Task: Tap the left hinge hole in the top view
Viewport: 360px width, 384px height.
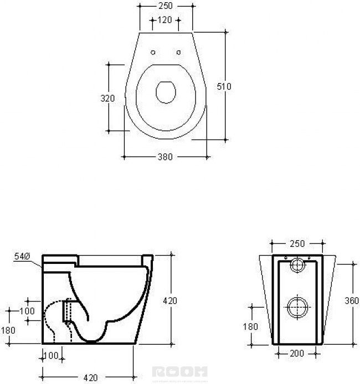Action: click(x=153, y=53)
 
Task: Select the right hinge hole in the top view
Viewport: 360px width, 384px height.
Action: click(x=179, y=53)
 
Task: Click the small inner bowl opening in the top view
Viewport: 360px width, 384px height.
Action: click(x=166, y=92)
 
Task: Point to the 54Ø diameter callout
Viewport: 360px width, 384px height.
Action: click(x=20, y=256)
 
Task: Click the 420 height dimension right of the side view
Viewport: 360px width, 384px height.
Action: click(x=170, y=300)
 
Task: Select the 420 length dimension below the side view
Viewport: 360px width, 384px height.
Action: click(x=89, y=378)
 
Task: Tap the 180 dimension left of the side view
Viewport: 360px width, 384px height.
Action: click(x=8, y=330)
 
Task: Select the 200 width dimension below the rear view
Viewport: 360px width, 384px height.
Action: click(x=297, y=353)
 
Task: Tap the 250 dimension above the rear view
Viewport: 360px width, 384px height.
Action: click(x=298, y=243)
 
